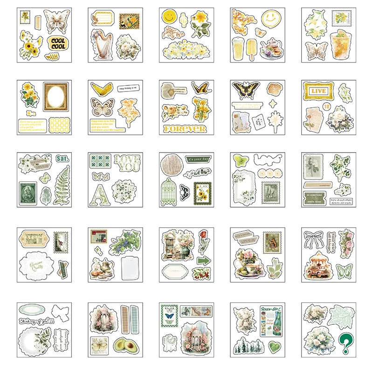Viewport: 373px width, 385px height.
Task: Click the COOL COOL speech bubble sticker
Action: (x=58, y=43)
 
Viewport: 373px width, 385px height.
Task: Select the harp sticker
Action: (x=99, y=45)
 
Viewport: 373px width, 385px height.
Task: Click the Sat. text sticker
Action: (x=62, y=159)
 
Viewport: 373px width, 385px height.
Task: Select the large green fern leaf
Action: (x=62, y=185)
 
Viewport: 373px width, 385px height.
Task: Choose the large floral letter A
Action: (x=100, y=193)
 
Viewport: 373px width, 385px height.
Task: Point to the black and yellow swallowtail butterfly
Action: (x=246, y=90)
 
